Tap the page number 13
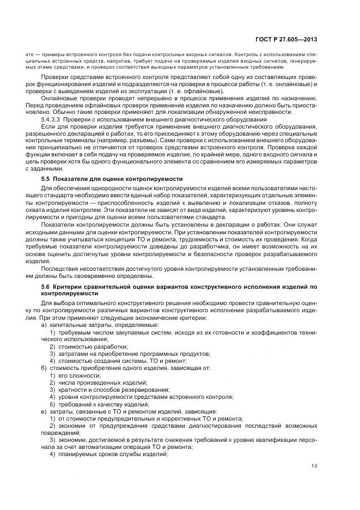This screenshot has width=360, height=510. (314, 465)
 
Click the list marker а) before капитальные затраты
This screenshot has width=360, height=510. (44, 325)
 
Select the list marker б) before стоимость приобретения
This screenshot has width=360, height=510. (44, 368)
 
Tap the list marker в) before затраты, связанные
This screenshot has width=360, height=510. (44, 411)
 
